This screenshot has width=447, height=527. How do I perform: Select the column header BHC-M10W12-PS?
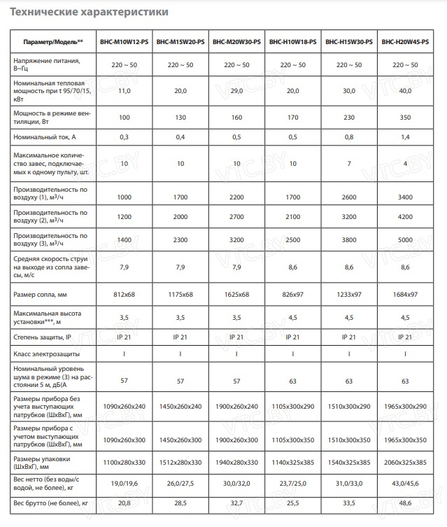(x=125, y=42)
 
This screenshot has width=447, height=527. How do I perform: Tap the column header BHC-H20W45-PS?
(x=405, y=42)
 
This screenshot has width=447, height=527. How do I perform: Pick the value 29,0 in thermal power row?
(x=236, y=91)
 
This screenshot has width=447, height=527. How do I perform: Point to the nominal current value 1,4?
(x=405, y=137)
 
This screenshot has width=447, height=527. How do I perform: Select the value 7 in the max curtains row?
(x=348, y=163)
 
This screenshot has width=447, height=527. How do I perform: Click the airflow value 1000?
(x=125, y=197)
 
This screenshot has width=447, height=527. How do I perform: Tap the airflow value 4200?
(x=405, y=217)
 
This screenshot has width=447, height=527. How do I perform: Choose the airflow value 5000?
(x=405, y=240)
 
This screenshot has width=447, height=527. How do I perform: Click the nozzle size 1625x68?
(x=236, y=295)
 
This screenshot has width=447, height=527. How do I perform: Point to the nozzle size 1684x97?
(x=405, y=295)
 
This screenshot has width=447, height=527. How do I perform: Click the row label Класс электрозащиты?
(x=46, y=354)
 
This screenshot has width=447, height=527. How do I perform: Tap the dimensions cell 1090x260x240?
(x=125, y=407)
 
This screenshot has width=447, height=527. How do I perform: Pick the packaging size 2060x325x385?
(x=405, y=463)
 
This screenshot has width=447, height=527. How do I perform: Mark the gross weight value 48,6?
(x=405, y=503)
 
